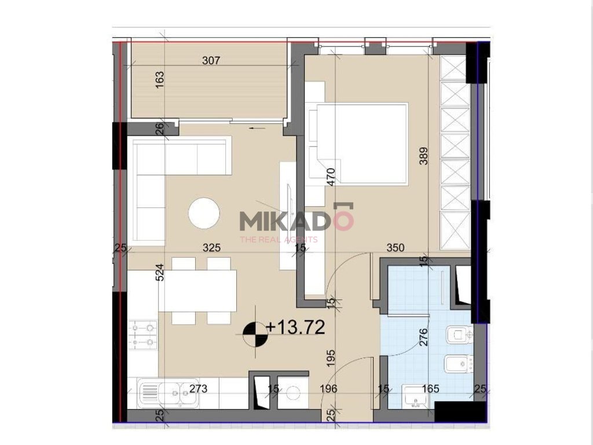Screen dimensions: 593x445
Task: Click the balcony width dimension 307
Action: coord(211,60)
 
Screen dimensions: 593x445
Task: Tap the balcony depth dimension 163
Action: coord(160,80)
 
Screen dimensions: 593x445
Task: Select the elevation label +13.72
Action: coord(295,327)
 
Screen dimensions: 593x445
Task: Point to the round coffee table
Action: coord(204,213)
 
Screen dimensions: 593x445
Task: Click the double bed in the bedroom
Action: coord(358,144)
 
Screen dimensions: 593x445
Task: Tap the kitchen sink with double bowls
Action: coord(168,393)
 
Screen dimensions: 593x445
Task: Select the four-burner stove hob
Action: coord(143,335)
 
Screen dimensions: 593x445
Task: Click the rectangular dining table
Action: coord(198,291)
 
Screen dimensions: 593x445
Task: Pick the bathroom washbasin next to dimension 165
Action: coord(415,396)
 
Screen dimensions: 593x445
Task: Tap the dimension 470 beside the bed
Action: coord(331,177)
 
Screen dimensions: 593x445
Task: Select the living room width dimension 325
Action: coord(211,248)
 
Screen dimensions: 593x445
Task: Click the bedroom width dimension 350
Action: coord(396,248)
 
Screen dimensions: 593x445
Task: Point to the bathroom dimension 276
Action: coord(423,337)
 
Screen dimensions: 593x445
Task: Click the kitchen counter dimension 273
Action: coord(198,389)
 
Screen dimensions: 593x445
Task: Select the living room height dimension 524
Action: coord(160,272)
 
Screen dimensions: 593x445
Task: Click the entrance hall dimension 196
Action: coord(328,389)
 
